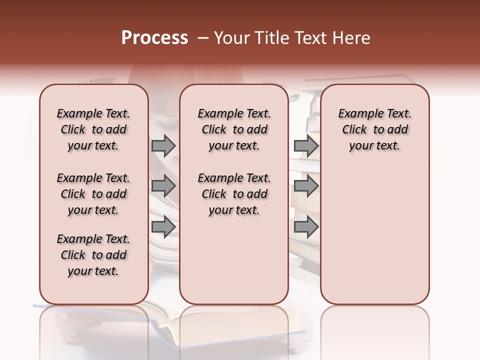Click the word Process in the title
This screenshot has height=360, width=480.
154,38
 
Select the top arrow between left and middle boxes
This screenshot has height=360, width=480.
163,145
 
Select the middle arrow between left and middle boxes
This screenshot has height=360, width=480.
163,186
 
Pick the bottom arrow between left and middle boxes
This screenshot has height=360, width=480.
163,226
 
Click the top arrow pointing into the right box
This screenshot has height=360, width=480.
306,145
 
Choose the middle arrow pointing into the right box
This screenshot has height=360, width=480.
306,186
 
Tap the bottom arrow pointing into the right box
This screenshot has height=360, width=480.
306,226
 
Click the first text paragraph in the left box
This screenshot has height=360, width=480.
93,129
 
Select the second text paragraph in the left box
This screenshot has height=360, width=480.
93,194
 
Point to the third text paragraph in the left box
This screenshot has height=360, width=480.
93,255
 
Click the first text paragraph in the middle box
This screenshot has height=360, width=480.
234,129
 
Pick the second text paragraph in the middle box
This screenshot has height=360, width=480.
234,194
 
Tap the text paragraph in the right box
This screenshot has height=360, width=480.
375,129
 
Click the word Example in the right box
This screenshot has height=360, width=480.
358,114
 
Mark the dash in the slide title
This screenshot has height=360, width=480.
203,38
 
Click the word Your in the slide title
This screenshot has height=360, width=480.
231,38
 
